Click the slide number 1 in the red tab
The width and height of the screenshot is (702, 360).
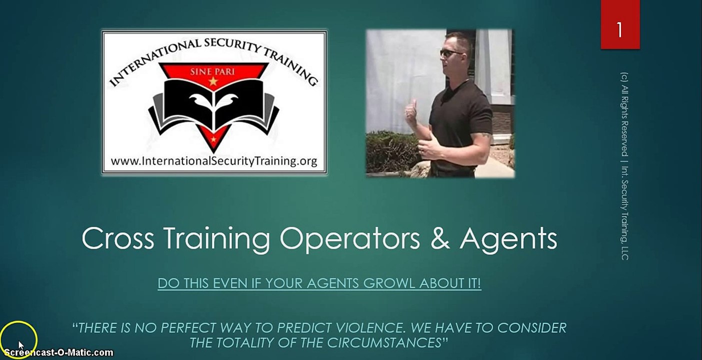[x=619, y=30]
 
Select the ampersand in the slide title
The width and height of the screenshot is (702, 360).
[x=439, y=238]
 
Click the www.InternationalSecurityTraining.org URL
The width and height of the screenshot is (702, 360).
[x=214, y=161]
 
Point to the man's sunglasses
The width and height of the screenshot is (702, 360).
[x=449, y=52]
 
